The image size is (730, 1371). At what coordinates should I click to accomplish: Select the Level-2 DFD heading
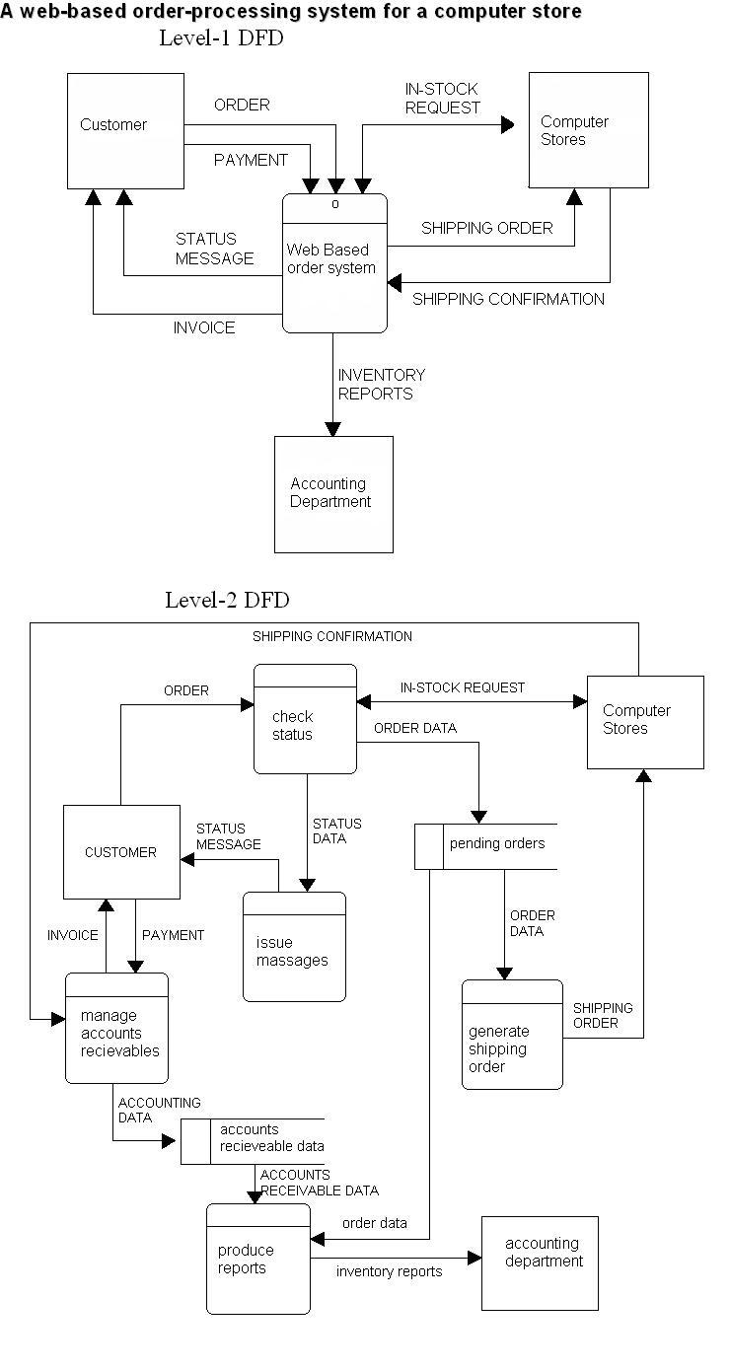click(x=227, y=600)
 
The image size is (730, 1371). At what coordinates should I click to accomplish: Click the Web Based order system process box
click(x=334, y=263)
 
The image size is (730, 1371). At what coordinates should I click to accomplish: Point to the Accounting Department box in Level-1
click(x=333, y=493)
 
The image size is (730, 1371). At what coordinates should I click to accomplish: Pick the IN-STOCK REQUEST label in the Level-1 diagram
click(x=442, y=99)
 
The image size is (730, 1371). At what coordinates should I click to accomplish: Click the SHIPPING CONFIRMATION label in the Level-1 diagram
click(x=508, y=299)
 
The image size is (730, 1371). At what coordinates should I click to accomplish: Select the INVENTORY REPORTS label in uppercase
click(x=381, y=384)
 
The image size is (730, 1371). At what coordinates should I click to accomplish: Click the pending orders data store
click(x=486, y=845)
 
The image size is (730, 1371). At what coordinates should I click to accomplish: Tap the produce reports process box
click(x=258, y=1260)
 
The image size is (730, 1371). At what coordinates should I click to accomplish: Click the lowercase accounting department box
click(x=540, y=1263)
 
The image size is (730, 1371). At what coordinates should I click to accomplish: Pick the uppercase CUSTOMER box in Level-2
click(x=121, y=852)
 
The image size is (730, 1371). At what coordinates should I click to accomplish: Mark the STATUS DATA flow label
click(x=336, y=830)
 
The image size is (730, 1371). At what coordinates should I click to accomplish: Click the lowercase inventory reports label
click(x=389, y=1271)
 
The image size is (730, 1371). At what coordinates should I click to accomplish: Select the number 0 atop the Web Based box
click(x=335, y=204)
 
